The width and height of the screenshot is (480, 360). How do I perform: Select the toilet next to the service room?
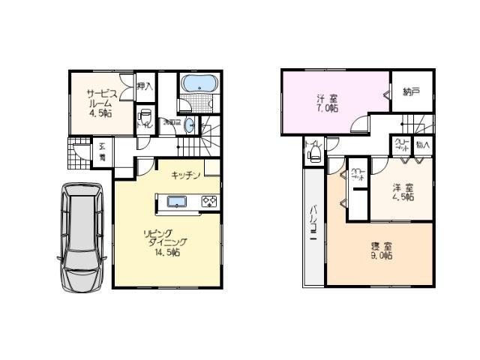point(146,117)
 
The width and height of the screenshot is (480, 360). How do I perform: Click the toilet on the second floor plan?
point(314,154)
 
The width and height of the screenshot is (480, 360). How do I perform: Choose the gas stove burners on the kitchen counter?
point(208,201)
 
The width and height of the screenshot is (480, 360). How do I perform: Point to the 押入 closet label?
point(145,87)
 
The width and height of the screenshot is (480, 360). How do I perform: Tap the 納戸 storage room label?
point(411,92)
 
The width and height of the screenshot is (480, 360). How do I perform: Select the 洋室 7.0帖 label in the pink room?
point(326,103)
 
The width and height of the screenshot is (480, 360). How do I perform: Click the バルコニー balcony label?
point(313,225)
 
